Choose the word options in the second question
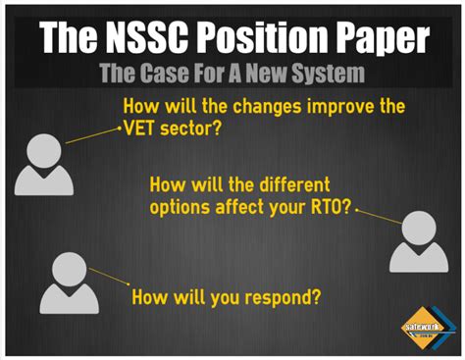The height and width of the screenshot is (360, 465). pyautogui.click(x=180, y=208)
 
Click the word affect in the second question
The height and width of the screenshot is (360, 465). pyautogui.click(x=241, y=208)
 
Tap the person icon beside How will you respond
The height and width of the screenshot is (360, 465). pyautogui.click(x=69, y=283)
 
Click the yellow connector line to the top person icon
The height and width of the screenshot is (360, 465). pyautogui.click(x=90, y=134)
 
